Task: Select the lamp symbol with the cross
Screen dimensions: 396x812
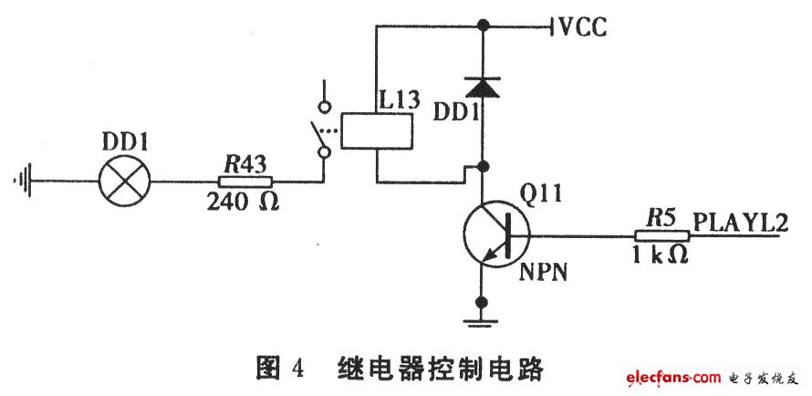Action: pyautogui.click(x=124, y=182)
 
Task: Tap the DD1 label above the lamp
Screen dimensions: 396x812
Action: pyautogui.click(x=123, y=141)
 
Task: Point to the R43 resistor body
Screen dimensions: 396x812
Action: pyautogui.click(x=248, y=182)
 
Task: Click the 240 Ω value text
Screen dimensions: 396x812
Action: pyautogui.click(x=243, y=201)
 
